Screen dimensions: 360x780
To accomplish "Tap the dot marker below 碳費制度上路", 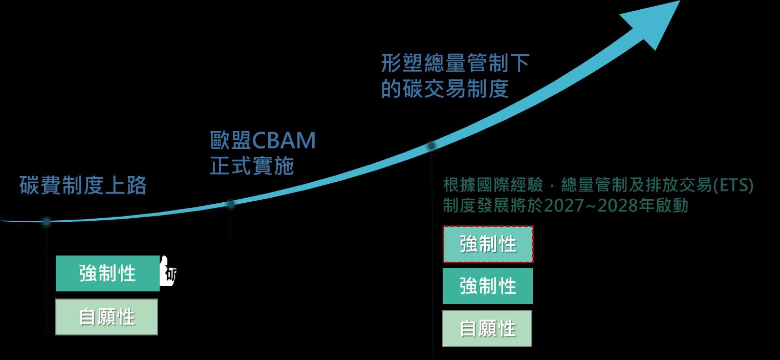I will tap(47, 222).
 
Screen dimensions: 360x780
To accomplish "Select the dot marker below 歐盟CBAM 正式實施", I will tap(230, 204).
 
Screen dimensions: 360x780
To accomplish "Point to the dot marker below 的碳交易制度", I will tap(431, 146).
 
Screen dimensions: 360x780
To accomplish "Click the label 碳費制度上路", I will tap(83, 185).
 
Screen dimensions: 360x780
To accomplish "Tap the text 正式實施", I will tap(252, 166).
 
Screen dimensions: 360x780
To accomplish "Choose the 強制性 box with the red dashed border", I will tap(488, 244).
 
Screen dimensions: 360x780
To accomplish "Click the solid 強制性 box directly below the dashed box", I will tap(488, 286).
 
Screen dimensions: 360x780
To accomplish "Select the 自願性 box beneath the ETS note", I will tap(487, 328).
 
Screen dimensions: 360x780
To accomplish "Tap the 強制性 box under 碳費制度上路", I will tap(107, 273).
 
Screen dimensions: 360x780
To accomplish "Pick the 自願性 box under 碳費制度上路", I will tap(106, 317).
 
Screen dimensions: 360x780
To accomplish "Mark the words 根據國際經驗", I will tap(494, 185).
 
